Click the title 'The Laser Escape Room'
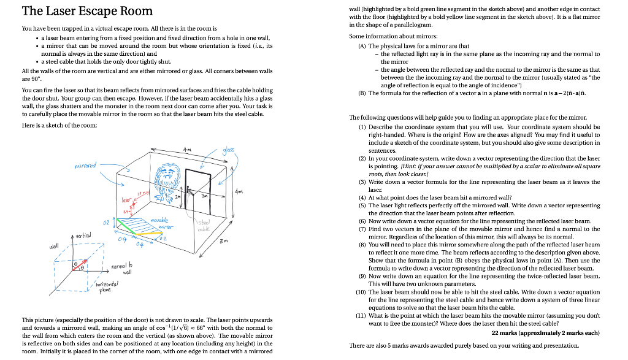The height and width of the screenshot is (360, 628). (x=87, y=11)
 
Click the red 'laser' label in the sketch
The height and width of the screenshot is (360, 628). (x=126, y=199)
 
